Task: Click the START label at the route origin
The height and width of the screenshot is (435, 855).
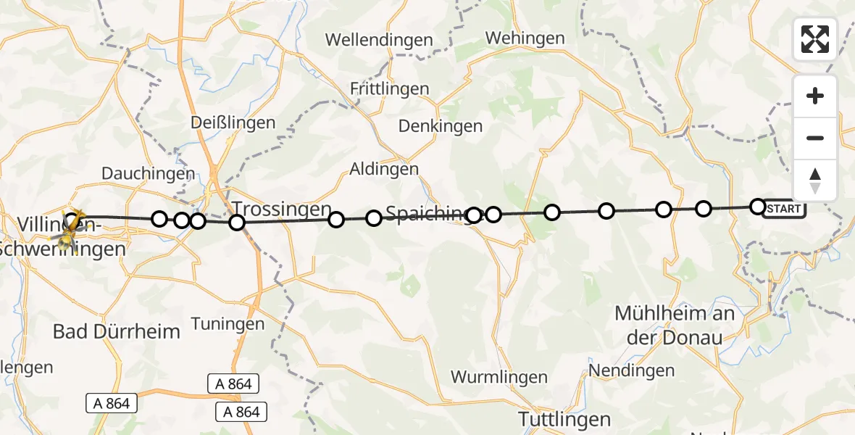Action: point(784,210)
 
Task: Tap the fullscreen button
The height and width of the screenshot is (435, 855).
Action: point(815,39)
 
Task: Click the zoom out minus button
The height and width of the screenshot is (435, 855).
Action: point(815,138)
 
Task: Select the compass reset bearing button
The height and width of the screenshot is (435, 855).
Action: point(815,181)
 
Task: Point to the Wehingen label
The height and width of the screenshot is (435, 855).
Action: point(525,38)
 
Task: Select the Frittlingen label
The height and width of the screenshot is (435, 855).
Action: point(389,89)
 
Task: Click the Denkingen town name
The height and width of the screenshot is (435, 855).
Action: point(440,126)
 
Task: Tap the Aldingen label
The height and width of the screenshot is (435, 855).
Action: point(384,169)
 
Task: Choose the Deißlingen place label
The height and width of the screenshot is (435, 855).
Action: point(233,123)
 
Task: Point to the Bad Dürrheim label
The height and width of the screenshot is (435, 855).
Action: point(116,332)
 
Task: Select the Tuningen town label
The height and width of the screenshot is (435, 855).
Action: point(228,323)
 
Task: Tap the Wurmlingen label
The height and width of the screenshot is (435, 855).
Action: point(499,377)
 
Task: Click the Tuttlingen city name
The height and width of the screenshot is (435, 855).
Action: point(564,419)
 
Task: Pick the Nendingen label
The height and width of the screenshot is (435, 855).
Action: point(631,371)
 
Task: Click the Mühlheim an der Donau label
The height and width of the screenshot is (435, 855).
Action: point(675,326)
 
